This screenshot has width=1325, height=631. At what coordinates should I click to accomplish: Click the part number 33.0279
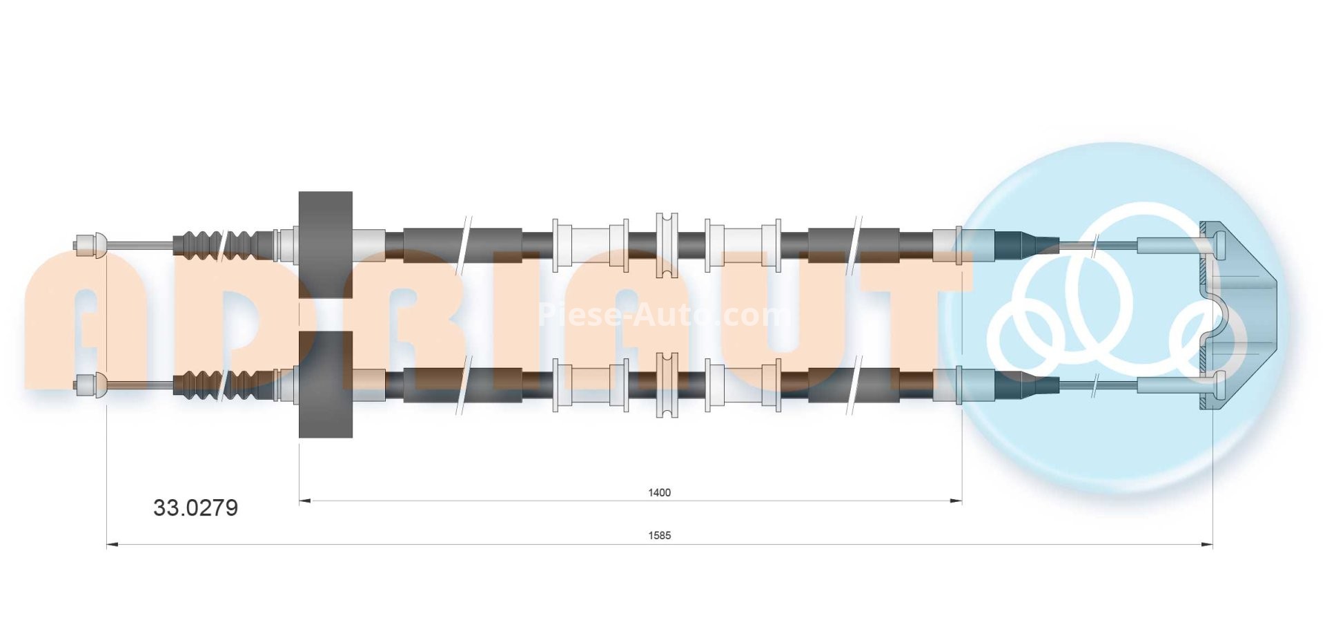195,508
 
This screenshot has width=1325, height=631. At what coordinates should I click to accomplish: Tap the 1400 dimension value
659,492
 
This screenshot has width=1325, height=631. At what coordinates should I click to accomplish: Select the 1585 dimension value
660,535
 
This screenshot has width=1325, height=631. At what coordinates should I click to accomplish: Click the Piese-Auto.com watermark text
662,315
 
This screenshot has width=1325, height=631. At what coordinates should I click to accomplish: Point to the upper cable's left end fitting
90,244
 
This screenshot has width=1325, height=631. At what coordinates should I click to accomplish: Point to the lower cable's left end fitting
90,384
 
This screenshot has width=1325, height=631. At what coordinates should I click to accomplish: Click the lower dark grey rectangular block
325,384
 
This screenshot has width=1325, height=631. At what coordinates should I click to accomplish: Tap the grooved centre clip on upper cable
666,245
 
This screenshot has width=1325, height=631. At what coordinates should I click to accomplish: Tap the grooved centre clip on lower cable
666,385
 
